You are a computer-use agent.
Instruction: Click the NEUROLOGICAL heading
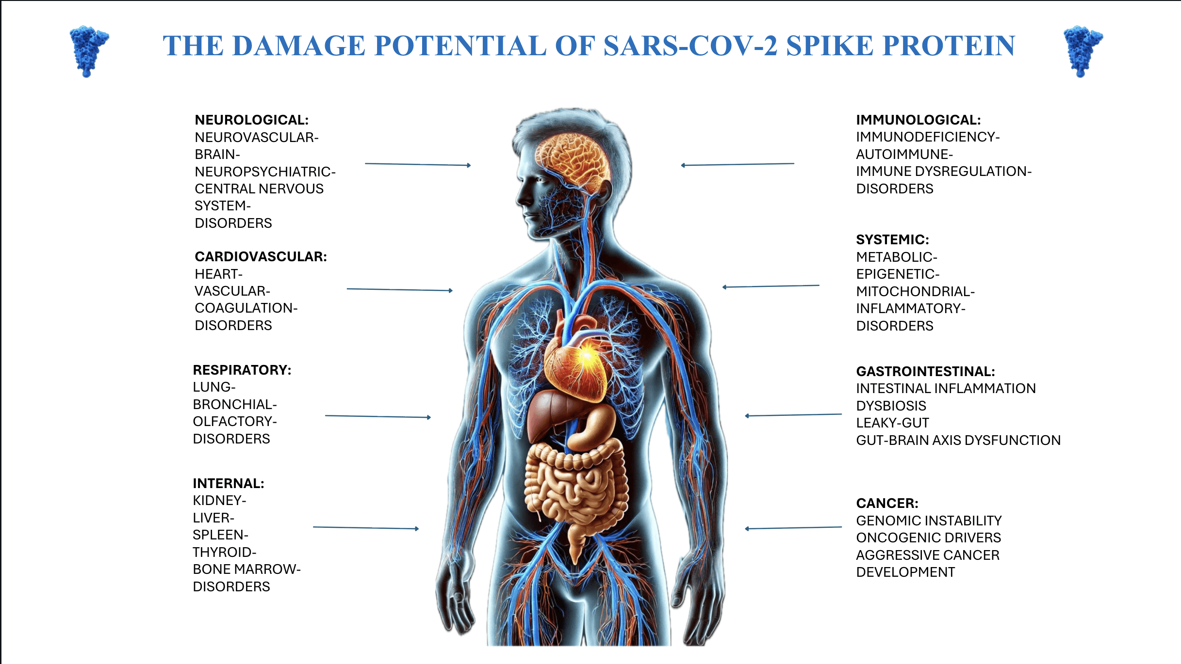tap(251, 120)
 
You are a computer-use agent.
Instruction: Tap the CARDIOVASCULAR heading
tap(261, 256)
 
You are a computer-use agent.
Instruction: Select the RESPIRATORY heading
tap(242, 370)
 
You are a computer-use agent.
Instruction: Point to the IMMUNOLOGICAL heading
tap(918, 120)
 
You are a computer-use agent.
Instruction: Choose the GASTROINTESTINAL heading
tap(925, 371)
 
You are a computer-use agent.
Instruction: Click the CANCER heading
tap(887, 503)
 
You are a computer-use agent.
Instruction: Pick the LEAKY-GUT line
tap(892, 423)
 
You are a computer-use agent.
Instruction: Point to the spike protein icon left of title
tap(89, 50)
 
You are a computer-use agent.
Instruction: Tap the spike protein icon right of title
tap(1083, 50)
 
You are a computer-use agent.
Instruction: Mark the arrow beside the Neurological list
tap(417, 165)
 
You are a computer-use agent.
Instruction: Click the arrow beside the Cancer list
tap(793, 528)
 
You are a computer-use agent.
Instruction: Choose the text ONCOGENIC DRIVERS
tap(928, 538)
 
